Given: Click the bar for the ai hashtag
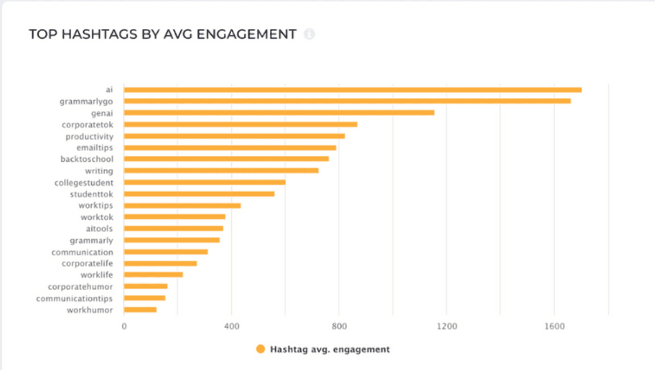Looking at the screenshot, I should (x=352, y=90).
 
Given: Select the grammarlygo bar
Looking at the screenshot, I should (x=347, y=101).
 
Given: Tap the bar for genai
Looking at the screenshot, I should (x=279, y=113).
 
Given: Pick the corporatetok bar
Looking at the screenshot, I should (x=240, y=124).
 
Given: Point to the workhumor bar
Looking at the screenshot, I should (x=140, y=309).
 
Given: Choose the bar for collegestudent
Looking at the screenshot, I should (x=204, y=182).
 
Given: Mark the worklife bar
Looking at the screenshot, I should (x=153, y=275).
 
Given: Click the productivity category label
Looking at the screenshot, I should (x=89, y=136).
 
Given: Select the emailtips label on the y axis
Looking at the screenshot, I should (x=94, y=147).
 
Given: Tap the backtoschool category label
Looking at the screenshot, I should (x=86, y=159).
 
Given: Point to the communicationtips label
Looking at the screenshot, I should (x=75, y=298).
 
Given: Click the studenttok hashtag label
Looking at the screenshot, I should (x=91, y=194).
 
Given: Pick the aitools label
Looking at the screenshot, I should (x=99, y=229).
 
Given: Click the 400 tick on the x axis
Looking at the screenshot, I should (x=232, y=326).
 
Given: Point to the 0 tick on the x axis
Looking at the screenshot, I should (x=124, y=326).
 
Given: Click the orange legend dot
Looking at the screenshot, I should (x=261, y=349).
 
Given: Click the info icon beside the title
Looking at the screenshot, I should (x=309, y=34).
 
